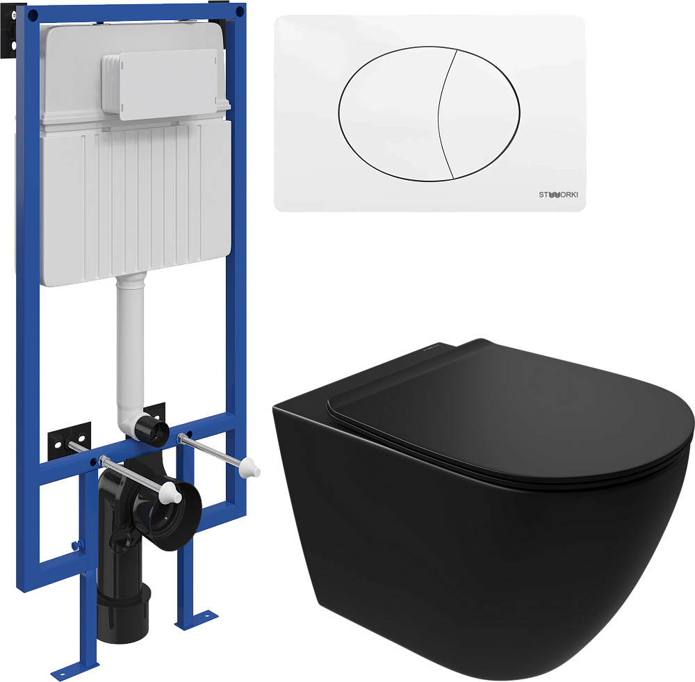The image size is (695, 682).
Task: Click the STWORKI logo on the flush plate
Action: click(558, 195)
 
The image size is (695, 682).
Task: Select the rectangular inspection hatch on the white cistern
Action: click(161, 84)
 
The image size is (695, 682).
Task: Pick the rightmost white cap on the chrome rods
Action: click(250, 469)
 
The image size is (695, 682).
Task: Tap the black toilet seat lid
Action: click(509, 412)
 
